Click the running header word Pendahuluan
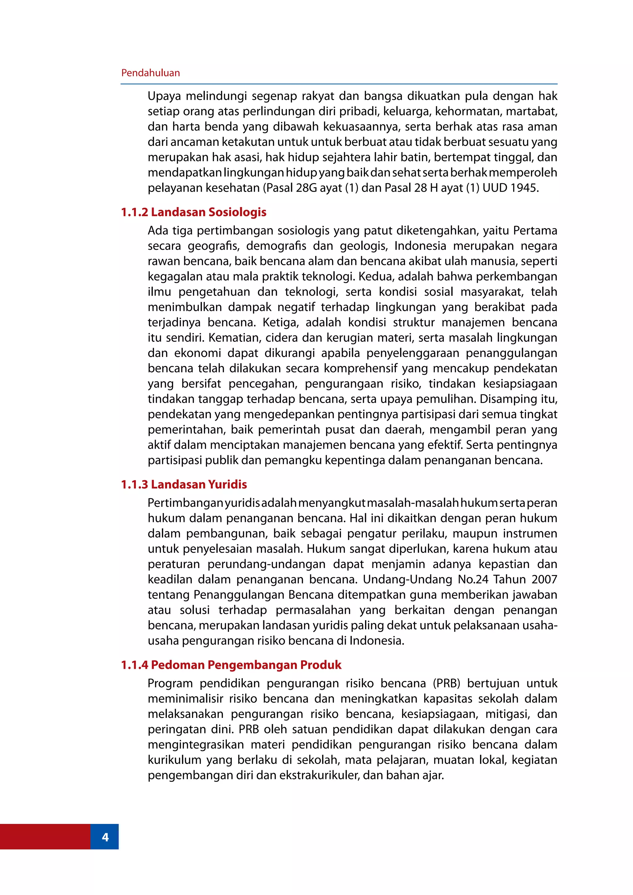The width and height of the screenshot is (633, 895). pyautogui.click(x=151, y=73)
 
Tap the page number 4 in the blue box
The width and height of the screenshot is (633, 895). pyautogui.click(x=105, y=837)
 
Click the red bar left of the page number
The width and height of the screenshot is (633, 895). pyautogui.click(x=45, y=837)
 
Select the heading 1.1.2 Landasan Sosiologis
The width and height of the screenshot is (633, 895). pyautogui.click(x=194, y=212)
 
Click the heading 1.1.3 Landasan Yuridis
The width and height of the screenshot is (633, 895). pyautogui.click(x=184, y=484)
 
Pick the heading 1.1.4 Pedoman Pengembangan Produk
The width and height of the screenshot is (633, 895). pyautogui.click(x=231, y=665)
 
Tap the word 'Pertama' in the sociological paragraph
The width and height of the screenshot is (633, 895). pyautogui.click(x=535, y=231)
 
